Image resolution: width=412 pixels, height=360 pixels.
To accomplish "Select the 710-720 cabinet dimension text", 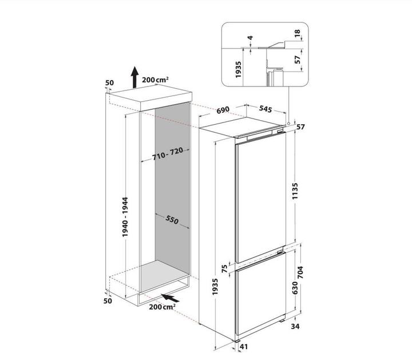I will click(x=167, y=155).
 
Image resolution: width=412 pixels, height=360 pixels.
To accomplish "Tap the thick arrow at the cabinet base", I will click(x=172, y=298).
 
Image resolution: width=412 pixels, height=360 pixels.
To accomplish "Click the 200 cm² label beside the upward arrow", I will click(x=158, y=80).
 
